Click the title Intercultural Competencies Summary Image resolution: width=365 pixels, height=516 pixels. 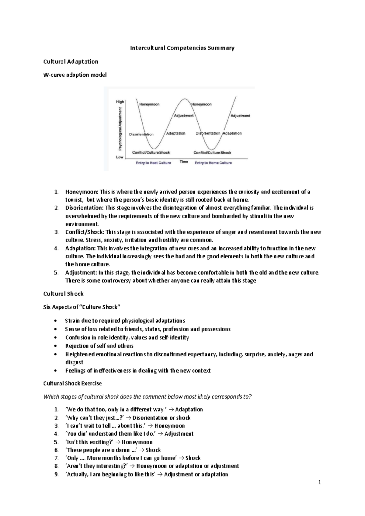(x=182, y=48)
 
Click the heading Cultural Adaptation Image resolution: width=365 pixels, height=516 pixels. (x=71, y=62)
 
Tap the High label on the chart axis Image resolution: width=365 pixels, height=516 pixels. (x=120, y=102)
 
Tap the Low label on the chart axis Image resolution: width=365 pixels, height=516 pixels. (x=120, y=157)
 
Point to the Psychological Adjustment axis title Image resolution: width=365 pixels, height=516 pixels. (x=120, y=129)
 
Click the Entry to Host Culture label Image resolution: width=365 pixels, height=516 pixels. (x=153, y=163)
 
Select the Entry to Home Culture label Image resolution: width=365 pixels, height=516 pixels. (x=213, y=163)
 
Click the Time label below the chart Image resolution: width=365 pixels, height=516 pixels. (x=184, y=162)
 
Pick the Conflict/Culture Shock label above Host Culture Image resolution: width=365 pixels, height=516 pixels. (x=151, y=152)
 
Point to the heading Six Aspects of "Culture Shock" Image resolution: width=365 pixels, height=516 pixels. (x=82, y=307)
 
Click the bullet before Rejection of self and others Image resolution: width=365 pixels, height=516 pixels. (x=55, y=346)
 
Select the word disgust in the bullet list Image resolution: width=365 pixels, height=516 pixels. (x=74, y=362)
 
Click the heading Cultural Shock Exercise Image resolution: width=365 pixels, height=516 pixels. (x=72, y=383)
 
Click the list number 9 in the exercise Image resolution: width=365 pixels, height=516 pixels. (x=56, y=474)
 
